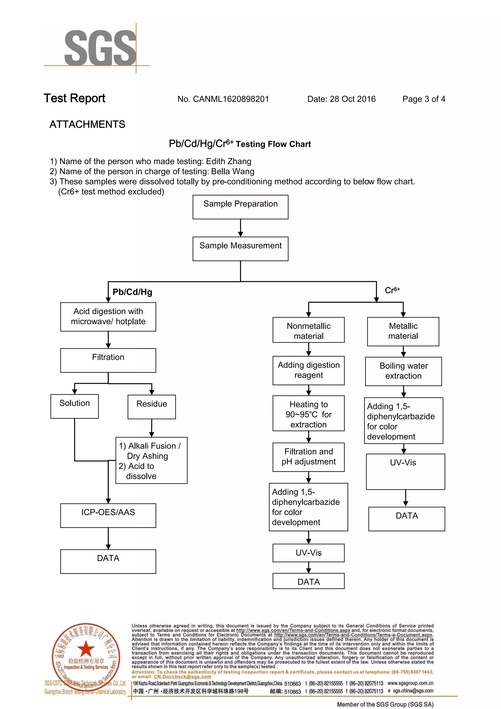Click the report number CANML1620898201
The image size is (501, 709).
(230, 99)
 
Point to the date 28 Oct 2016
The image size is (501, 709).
(352, 99)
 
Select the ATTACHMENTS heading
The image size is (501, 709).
(87, 124)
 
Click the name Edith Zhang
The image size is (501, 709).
(228, 161)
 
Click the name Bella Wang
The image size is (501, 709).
(233, 171)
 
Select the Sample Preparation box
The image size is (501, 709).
(240, 207)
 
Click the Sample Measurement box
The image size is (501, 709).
(240, 249)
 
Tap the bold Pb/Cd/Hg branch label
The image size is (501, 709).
(132, 292)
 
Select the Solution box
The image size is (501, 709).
(74, 406)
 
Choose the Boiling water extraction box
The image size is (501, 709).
(403, 371)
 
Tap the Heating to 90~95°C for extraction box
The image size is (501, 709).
(308, 413)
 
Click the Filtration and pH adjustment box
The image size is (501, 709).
(308, 457)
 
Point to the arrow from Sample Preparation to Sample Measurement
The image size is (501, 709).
(240, 228)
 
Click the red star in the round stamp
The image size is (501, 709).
(86, 649)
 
